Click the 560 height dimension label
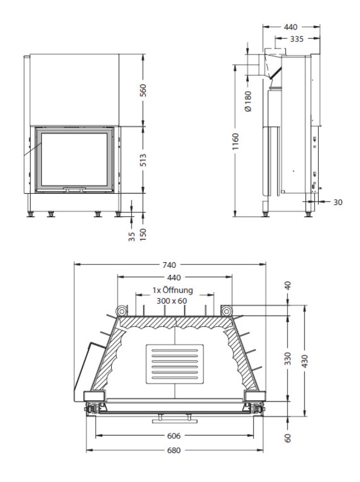point(143,90)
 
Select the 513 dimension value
point(143,160)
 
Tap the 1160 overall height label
point(236,142)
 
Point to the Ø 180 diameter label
point(248,101)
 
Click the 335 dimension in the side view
point(297,39)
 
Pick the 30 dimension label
point(337,202)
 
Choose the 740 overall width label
point(169,265)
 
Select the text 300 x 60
point(172,301)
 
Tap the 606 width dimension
point(174,436)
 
